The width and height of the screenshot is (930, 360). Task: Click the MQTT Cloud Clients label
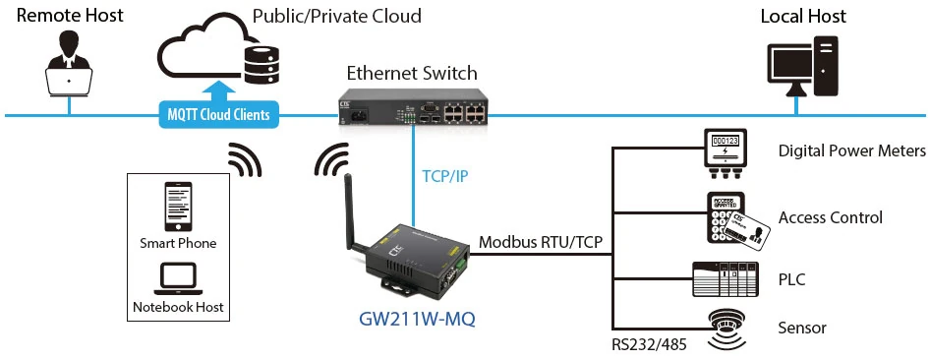218,115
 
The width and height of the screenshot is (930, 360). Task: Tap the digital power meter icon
726,152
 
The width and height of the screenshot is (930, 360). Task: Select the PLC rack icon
726,279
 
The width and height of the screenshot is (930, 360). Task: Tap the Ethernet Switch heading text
411,73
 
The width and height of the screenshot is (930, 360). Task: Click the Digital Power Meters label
851,151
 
